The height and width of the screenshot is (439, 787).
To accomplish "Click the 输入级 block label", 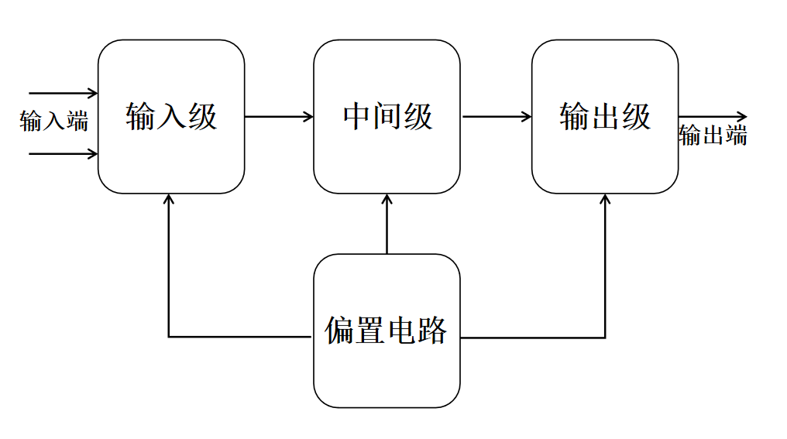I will point(171,117).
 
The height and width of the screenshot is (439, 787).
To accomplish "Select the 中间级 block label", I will point(387,117).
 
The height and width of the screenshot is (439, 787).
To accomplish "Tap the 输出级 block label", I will point(605,117).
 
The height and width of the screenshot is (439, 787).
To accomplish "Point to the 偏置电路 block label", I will point(386,331).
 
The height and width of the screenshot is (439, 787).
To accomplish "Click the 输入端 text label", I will point(54,122).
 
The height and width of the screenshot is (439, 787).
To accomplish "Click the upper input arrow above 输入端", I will point(63,94).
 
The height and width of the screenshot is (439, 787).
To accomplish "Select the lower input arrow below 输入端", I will point(63,154).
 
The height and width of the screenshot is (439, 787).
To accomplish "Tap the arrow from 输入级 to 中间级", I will point(279,117).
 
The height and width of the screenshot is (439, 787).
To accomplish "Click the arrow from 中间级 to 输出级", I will point(496,117).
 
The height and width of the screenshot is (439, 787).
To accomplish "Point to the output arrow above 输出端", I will point(713,117).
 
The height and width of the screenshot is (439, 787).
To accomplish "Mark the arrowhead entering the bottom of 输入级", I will point(169,199).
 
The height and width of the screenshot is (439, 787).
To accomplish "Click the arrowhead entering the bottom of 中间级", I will point(387,199).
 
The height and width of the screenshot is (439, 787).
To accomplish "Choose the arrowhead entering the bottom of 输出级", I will point(605,199).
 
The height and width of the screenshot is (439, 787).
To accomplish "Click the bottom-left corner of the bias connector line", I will point(169,337).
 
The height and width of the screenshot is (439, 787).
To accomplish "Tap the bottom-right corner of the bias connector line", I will point(605,337).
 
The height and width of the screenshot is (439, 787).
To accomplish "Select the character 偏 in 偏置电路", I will point(339,331).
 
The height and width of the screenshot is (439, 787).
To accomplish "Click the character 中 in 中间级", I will point(357,117).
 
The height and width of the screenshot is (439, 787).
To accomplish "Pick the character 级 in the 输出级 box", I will point(636,117).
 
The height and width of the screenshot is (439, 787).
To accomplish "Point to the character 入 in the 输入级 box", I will point(171,117).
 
